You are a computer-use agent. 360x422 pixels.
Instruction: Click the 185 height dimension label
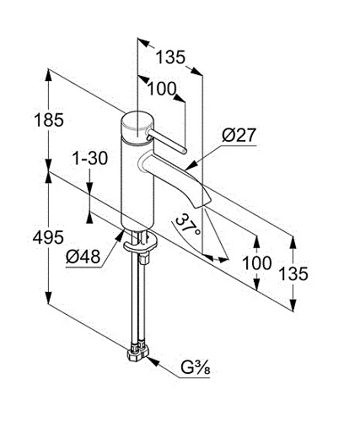click(x=49, y=120)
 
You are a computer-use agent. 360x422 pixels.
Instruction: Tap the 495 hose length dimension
click(x=48, y=238)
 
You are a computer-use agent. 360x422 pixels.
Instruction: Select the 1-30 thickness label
click(x=90, y=158)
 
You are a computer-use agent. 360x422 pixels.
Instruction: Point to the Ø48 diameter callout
click(x=83, y=256)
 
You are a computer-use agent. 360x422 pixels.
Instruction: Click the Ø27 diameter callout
click(x=239, y=135)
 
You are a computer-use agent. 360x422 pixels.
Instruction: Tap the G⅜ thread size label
click(x=196, y=368)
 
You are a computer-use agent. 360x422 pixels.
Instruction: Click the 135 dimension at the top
click(x=170, y=57)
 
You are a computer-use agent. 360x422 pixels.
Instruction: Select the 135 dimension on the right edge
click(x=293, y=273)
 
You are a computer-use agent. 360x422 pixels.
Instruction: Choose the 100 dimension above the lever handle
click(x=162, y=89)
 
